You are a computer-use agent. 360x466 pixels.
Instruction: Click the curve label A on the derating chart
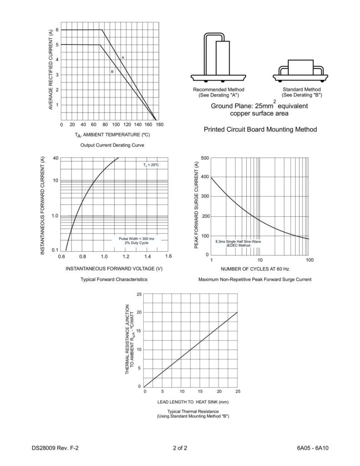click(123, 57)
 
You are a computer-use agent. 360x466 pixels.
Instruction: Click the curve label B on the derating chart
click(112, 71)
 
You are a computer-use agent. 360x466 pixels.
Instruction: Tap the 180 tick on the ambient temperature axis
click(159, 124)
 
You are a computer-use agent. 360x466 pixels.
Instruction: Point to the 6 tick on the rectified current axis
click(57, 30)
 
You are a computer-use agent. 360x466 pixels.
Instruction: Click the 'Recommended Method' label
click(218, 89)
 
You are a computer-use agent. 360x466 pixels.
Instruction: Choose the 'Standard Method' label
click(301, 89)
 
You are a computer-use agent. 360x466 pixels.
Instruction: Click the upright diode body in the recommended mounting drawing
click(223, 57)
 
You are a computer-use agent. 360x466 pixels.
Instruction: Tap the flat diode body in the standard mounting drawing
click(300, 66)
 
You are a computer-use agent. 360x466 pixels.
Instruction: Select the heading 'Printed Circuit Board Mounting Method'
click(260, 130)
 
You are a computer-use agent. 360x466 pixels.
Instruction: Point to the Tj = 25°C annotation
click(151, 164)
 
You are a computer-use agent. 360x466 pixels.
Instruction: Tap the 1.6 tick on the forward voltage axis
click(167, 257)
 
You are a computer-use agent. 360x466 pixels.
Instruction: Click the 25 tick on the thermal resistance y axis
click(138, 294)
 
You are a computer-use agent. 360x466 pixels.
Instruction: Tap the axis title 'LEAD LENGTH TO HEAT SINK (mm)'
click(193, 402)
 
